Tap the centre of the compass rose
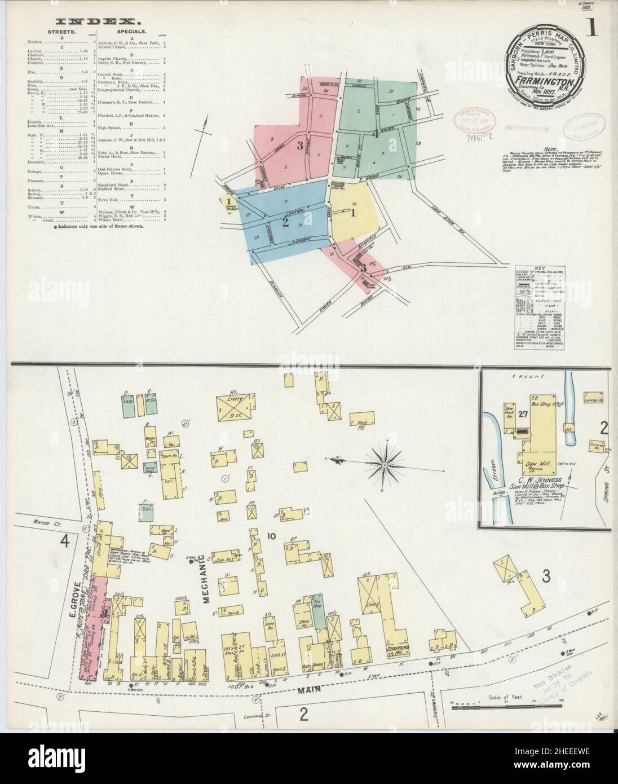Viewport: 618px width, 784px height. point(384,464)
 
